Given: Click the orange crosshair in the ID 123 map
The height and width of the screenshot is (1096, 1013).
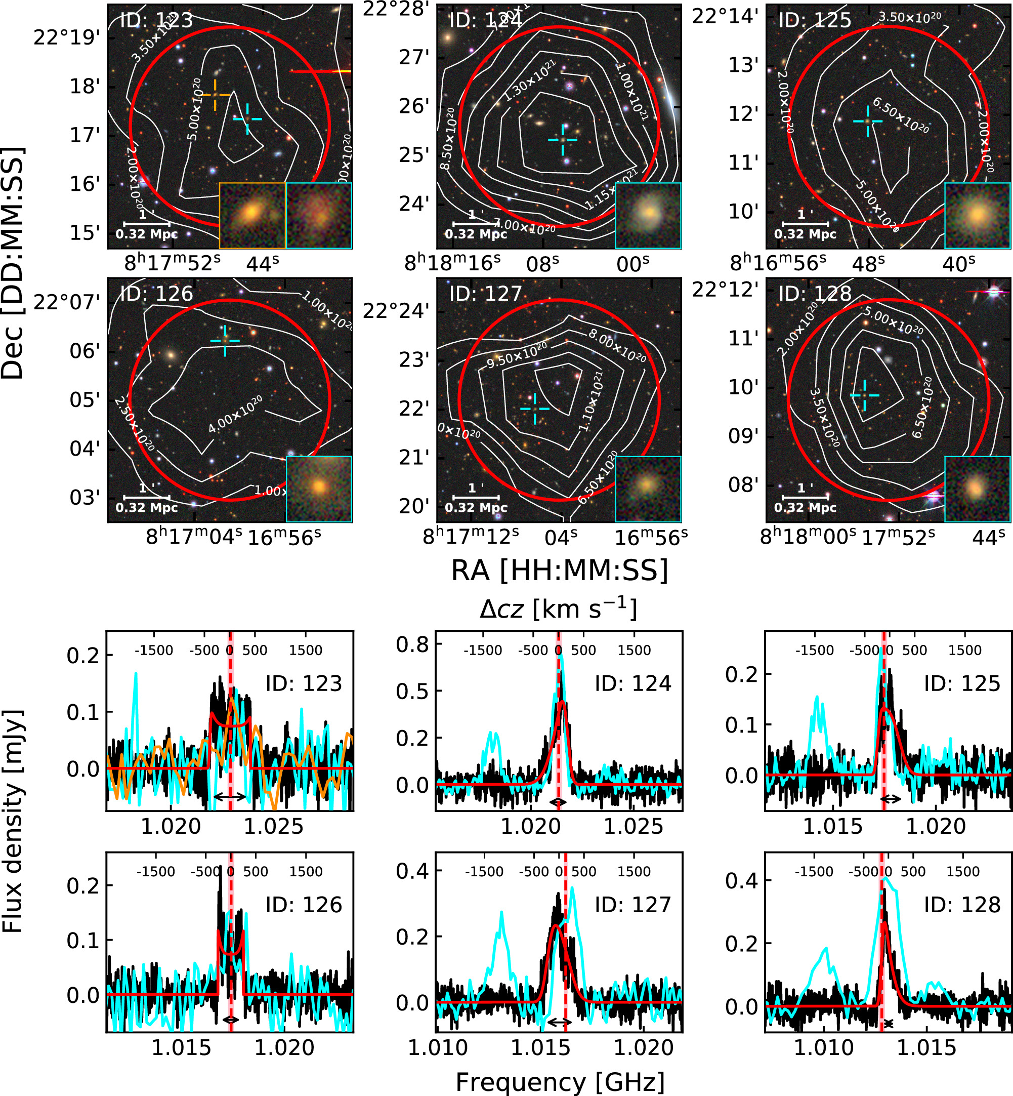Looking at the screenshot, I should click(215, 95).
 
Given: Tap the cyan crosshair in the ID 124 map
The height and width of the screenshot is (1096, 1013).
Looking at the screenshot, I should click(563, 140).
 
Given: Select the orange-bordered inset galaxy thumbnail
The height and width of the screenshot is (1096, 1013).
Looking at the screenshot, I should click(252, 216).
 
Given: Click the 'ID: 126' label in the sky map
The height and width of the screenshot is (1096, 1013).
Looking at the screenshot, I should click(156, 294).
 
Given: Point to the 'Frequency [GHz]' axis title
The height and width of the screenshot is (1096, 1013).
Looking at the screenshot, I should click(560, 1082).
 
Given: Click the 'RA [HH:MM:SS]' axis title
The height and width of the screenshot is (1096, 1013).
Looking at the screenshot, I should click(560, 570).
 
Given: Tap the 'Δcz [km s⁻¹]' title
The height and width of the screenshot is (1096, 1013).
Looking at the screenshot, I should click(558, 609).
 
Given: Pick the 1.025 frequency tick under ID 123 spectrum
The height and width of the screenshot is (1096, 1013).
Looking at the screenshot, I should click(273, 826).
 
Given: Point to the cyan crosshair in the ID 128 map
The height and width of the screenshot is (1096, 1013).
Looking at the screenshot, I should click(864, 395).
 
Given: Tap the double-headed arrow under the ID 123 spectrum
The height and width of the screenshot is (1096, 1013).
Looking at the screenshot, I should click(230, 795).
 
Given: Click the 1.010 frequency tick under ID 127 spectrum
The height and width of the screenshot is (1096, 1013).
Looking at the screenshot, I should click(438, 1048).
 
